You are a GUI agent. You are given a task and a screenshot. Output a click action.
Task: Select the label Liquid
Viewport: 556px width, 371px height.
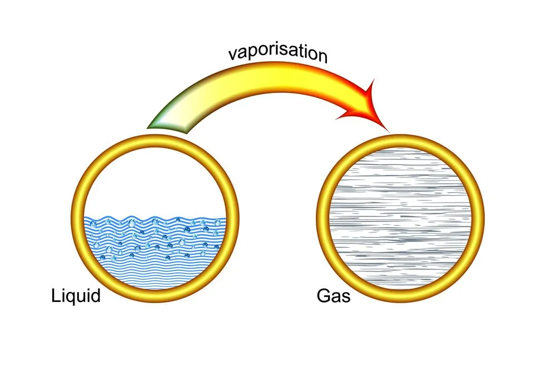(x=76, y=295)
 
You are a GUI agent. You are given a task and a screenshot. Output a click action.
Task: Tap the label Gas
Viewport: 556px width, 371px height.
(x=334, y=295)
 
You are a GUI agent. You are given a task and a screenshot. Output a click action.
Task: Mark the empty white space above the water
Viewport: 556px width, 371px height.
(x=156, y=178)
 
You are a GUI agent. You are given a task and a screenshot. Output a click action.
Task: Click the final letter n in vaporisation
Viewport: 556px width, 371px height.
(x=322, y=56)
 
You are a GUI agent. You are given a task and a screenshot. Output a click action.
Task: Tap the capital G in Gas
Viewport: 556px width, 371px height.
(x=324, y=295)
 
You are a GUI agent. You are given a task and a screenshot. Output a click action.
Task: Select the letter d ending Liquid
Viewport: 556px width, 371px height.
(x=96, y=295)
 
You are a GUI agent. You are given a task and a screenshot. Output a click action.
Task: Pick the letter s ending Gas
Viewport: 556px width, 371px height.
(x=346, y=297)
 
